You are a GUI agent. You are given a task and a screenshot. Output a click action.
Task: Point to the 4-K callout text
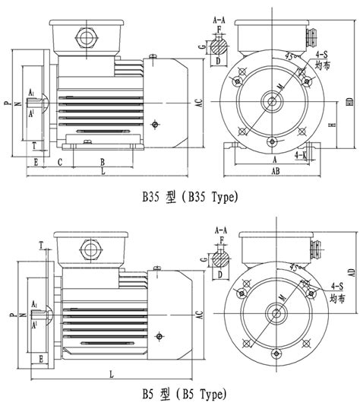pyautogui.click(x=301, y=154)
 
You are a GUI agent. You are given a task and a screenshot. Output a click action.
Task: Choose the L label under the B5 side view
pyautogui.click(x=112, y=374)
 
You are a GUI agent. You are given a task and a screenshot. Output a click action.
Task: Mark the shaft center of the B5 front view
pyautogui.click(x=272, y=310)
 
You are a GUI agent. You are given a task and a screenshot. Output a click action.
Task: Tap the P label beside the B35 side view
pyautogui.click(x=6, y=101)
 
